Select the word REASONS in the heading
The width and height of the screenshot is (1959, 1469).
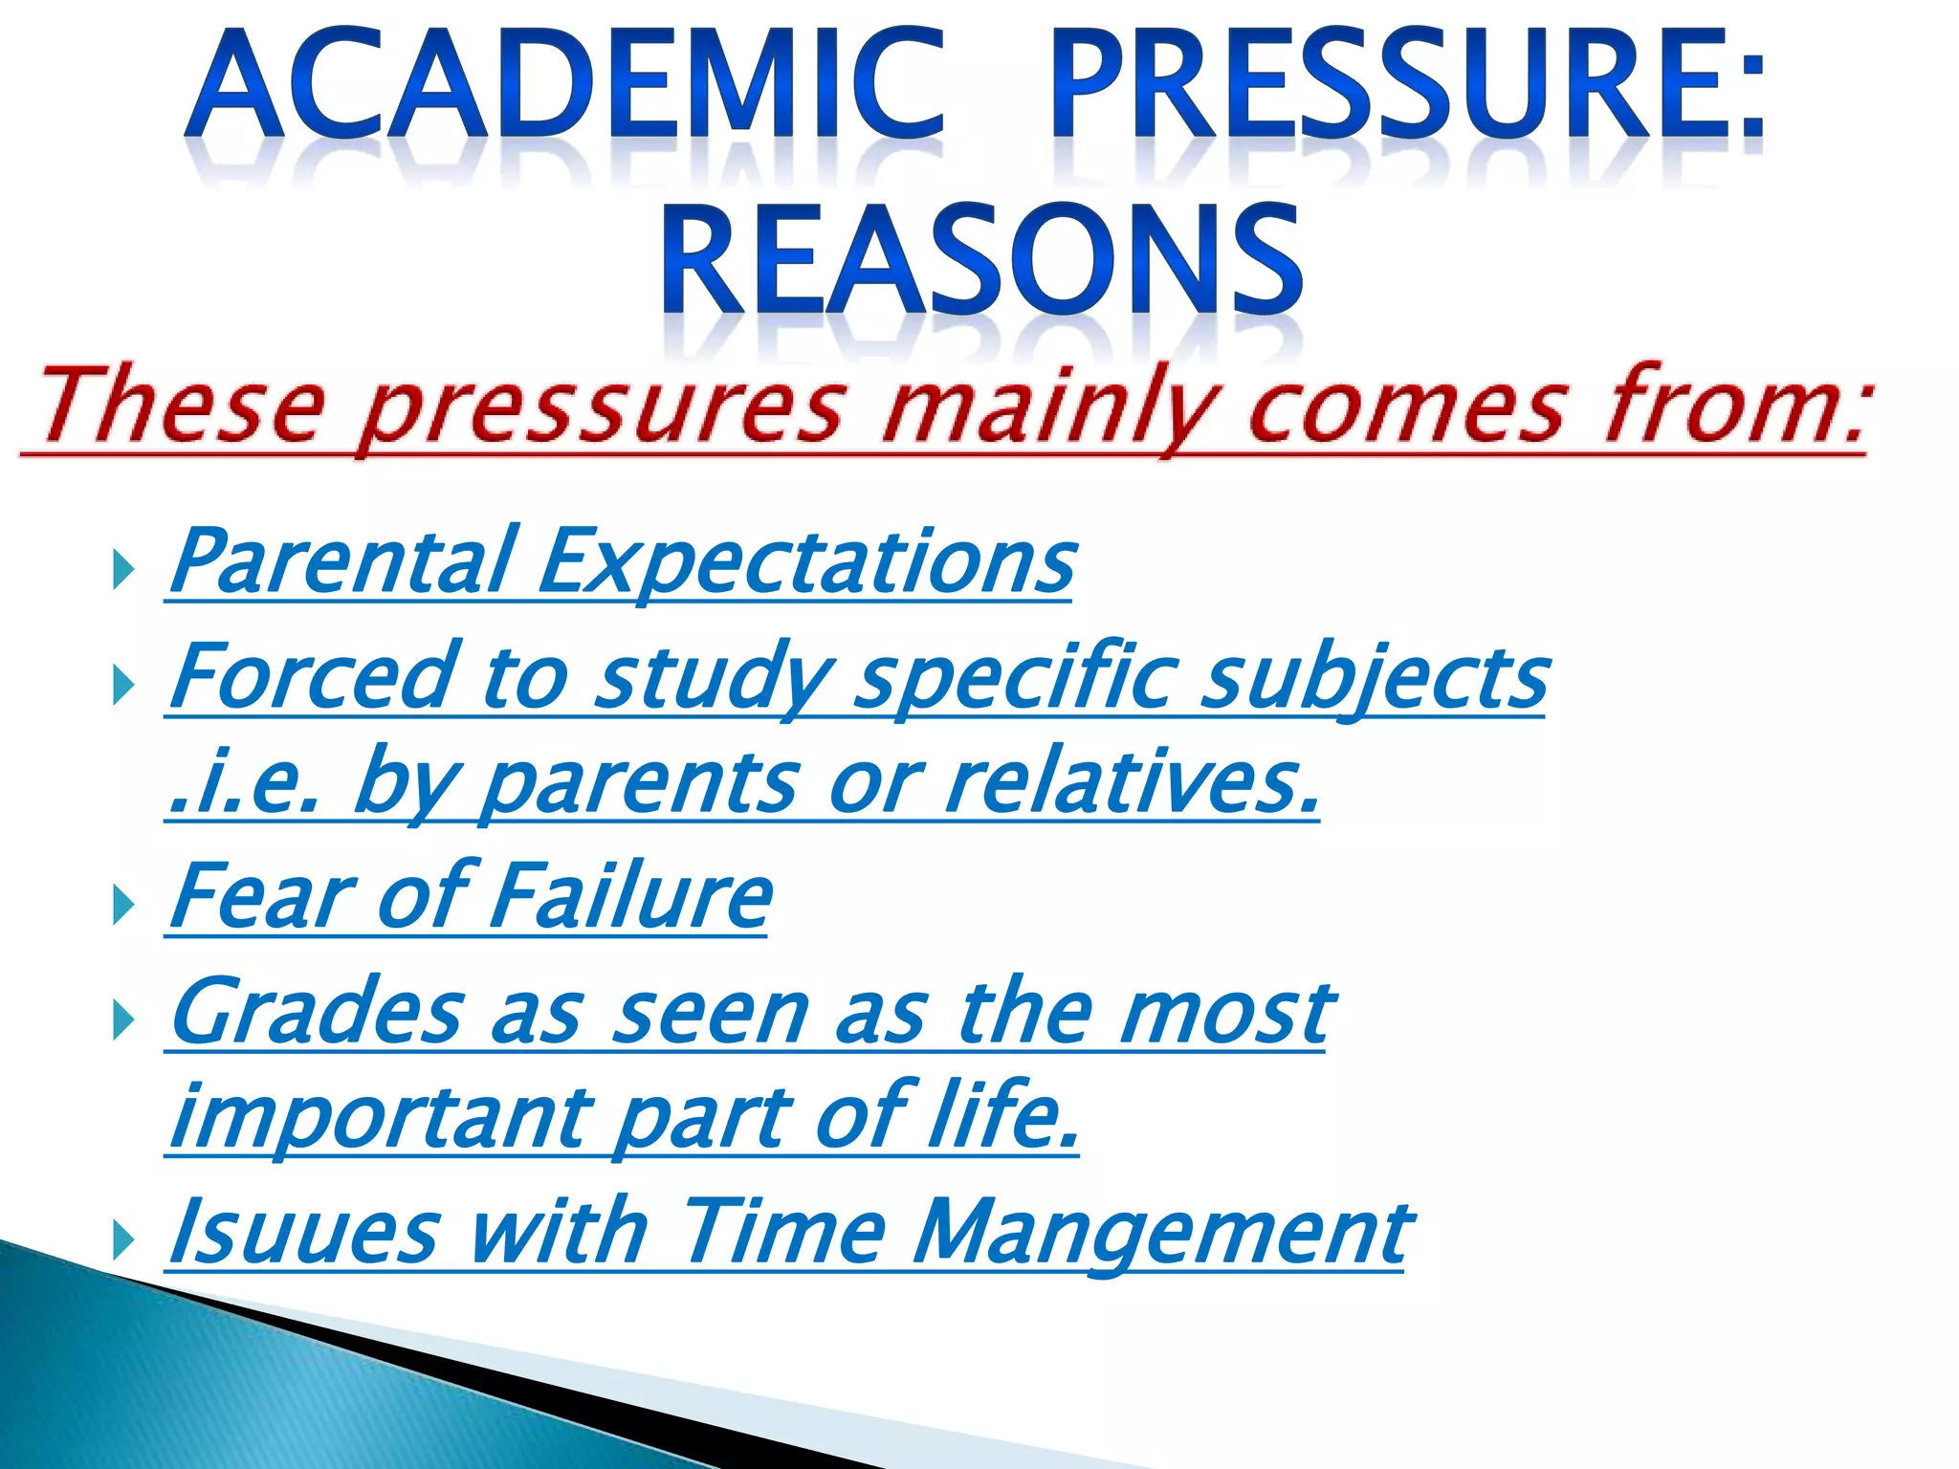[980, 260]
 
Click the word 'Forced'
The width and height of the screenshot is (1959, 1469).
[311, 676]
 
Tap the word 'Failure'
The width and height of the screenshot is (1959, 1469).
[630, 896]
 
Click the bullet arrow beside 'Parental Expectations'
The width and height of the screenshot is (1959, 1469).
[122, 571]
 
